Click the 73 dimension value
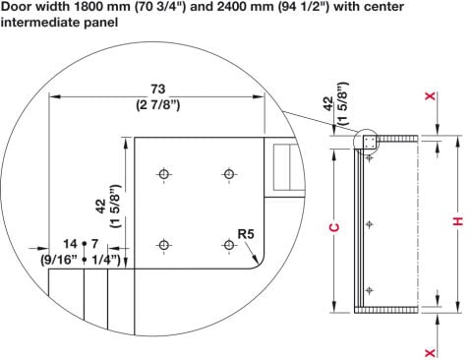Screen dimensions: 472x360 click(157, 89)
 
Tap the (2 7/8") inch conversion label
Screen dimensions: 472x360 click(158, 105)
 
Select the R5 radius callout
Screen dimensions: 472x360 click(246, 234)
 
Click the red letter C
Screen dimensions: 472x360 click(334, 227)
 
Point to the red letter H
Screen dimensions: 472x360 click(458, 221)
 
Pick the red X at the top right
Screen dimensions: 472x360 click(430, 96)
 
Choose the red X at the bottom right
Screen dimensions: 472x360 click(430, 353)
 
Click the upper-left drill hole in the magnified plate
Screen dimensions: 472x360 click(164, 174)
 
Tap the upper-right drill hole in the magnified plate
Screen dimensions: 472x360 click(229, 174)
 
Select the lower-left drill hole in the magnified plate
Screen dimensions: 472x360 click(164, 245)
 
